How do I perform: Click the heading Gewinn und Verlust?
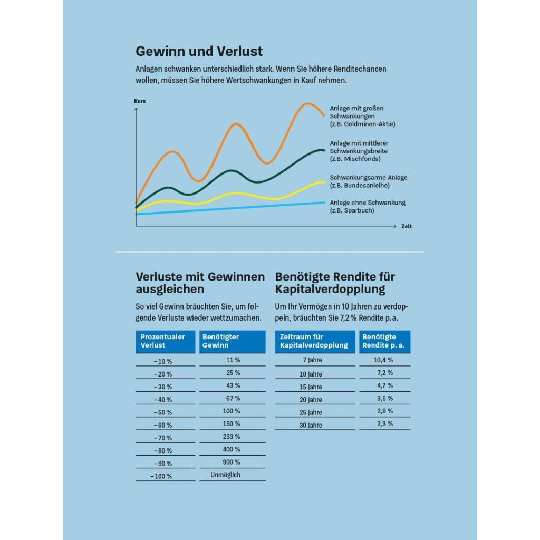pyautogui.click(x=199, y=51)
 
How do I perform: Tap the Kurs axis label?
pyautogui.click(x=140, y=101)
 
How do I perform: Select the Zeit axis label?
pyautogui.click(x=407, y=226)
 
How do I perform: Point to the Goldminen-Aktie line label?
pyautogui.click(x=362, y=116)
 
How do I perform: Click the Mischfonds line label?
pyautogui.click(x=359, y=151)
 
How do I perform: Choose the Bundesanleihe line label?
pyautogui.click(x=369, y=181)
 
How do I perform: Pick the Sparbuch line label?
pyautogui.click(x=368, y=206)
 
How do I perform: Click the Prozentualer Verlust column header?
pyautogui.click(x=165, y=341)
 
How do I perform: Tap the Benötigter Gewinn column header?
pyautogui.click(x=233, y=341)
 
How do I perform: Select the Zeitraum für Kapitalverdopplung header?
pyautogui.click(x=315, y=341)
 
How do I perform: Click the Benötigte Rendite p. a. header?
pyautogui.click(x=384, y=341)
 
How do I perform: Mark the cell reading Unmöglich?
pyautogui.click(x=225, y=475)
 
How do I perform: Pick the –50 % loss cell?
pyautogui.click(x=162, y=412)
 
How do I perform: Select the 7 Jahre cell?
pyautogui.click(x=312, y=360)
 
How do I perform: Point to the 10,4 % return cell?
pyautogui.click(x=383, y=360)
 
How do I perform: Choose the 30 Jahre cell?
pyautogui.click(x=311, y=426)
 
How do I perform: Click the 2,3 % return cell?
pyautogui.click(x=384, y=424)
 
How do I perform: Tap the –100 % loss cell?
pyautogui.click(x=161, y=476)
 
